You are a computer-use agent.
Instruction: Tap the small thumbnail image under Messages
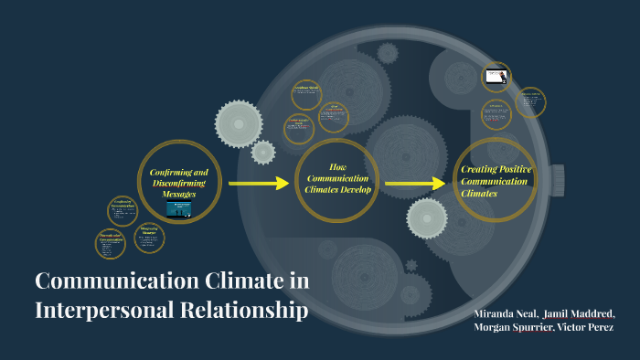coord(178,208)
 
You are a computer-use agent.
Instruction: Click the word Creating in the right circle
coord(481,171)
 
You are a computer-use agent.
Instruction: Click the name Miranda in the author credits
coord(496,314)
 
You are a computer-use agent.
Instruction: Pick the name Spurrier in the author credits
coord(530,328)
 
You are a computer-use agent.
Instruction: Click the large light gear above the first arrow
coord(238,123)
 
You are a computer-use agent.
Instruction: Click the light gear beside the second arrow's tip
coord(426,217)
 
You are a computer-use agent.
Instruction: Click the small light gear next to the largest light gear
coord(263,152)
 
